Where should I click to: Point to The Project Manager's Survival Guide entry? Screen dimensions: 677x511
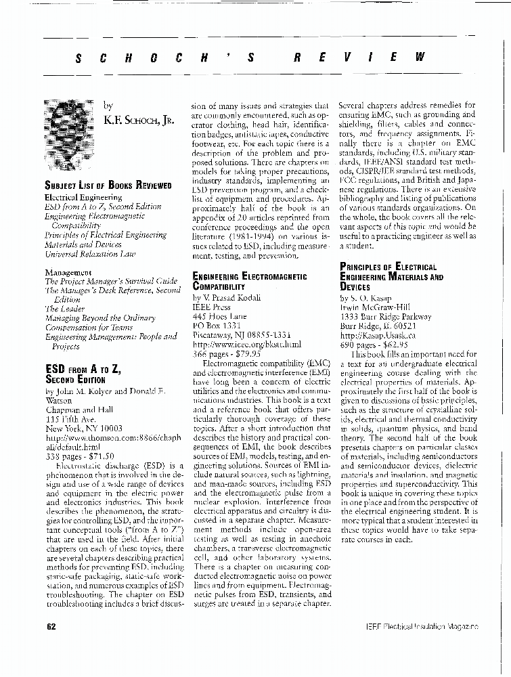pyautogui.click(x=111, y=281)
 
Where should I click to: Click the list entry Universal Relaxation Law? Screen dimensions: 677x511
pyautogui.click(x=90, y=254)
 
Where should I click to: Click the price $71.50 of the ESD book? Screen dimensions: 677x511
pyautogui.click(x=99, y=456)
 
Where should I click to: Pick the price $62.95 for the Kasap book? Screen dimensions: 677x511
pyautogui.click(x=394, y=345)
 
